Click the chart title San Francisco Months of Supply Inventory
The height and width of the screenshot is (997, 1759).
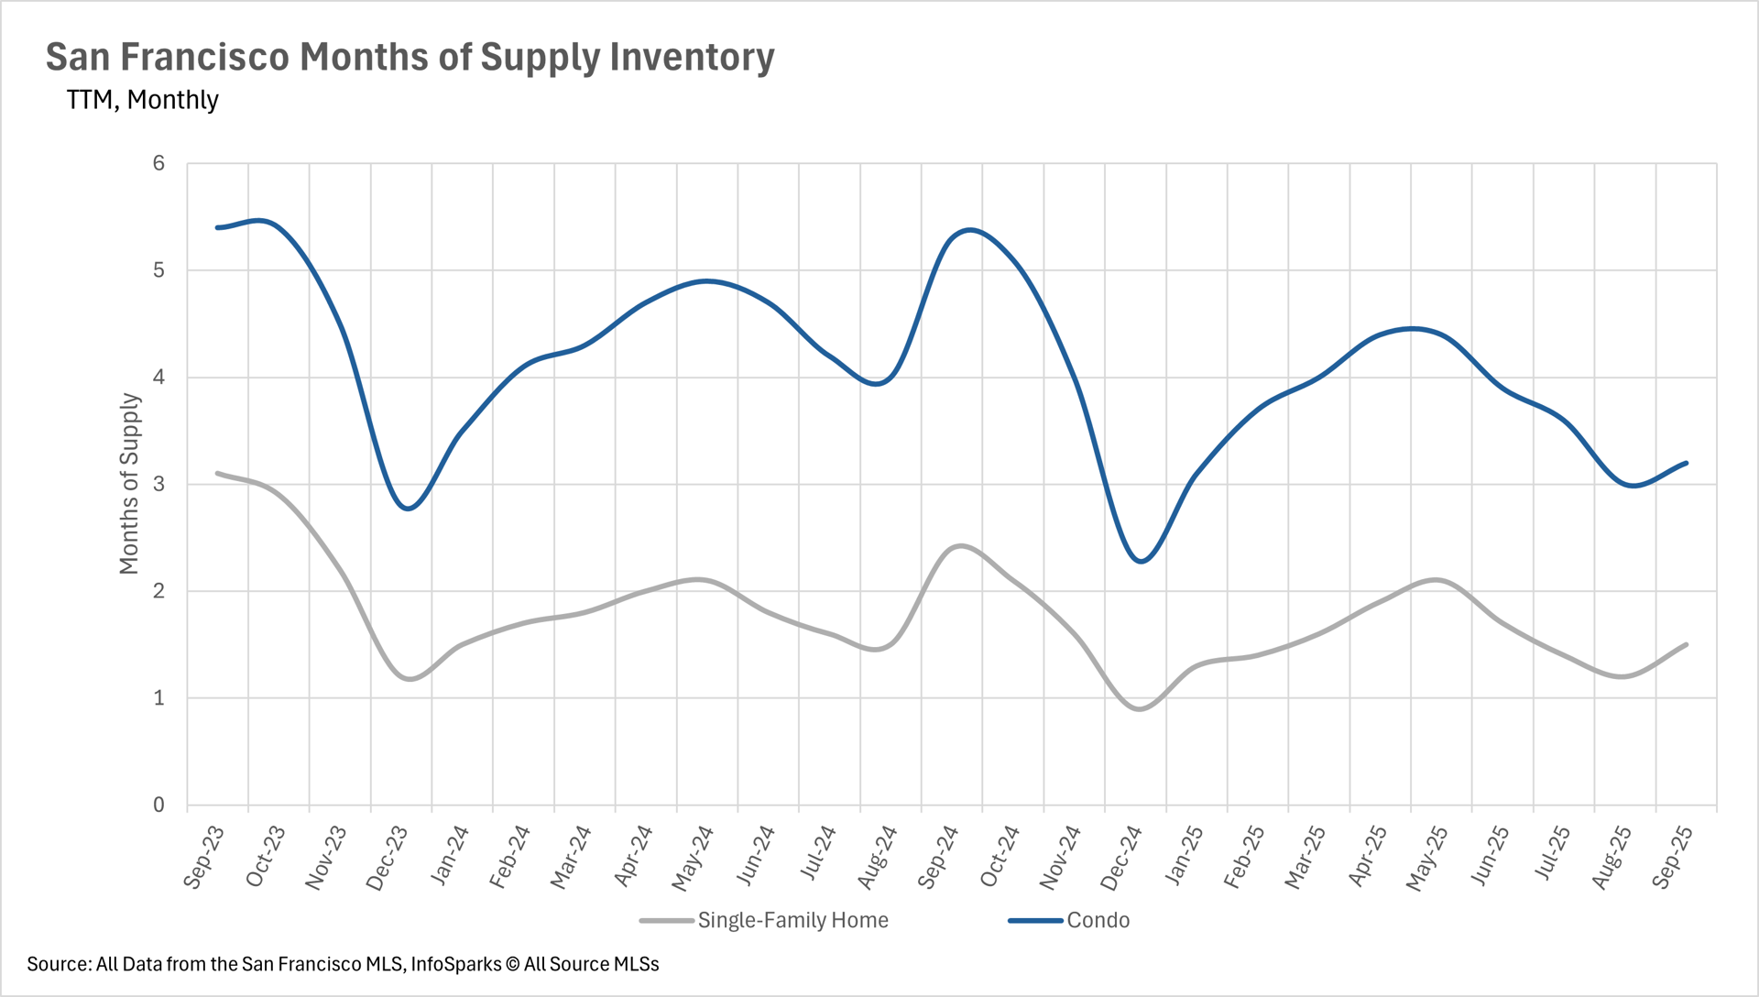[410, 57]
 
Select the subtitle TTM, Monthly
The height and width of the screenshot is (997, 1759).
[142, 99]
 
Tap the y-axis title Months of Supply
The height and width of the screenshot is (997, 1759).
[129, 484]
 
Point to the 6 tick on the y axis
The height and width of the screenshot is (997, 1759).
[159, 163]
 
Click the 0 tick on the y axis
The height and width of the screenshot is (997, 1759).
[159, 805]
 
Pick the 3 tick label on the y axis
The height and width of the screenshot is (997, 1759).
[159, 484]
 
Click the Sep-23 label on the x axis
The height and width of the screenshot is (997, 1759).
[204, 857]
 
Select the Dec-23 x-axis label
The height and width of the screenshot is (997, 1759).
[388, 858]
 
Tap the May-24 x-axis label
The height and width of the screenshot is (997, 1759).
[694, 858]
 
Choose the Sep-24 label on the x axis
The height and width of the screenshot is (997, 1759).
[939, 857]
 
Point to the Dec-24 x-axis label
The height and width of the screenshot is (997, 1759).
[1122, 858]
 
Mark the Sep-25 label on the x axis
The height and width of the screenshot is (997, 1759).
[1673, 857]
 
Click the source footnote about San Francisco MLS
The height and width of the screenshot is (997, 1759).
[343, 964]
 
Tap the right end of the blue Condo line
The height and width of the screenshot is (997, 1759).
[1686, 463]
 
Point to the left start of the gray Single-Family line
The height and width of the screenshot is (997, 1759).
[217, 473]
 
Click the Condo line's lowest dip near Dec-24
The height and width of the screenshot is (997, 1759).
[1141, 561]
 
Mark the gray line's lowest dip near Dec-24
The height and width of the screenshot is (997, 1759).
[1140, 708]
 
